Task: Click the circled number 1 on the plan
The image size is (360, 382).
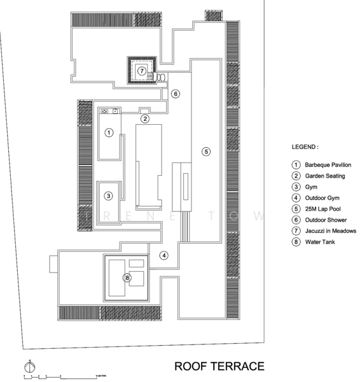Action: click(109, 132)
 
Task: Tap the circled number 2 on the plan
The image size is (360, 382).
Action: click(145, 118)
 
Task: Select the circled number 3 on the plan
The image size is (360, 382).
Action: click(109, 195)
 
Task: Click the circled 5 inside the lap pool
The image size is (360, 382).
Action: click(205, 151)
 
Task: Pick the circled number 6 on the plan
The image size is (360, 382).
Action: click(176, 94)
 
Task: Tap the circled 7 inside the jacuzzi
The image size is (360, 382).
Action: click(142, 71)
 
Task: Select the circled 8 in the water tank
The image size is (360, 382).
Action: click(127, 277)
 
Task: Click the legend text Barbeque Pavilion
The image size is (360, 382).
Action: click(328, 165)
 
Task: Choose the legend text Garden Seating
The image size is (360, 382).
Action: click(325, 176)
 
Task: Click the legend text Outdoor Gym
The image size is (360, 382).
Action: click(321, 197)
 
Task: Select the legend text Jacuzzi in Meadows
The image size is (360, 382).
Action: click(330, 230)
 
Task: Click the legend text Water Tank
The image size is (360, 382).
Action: click(320, 241)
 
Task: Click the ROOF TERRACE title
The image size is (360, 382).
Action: click(219, 367)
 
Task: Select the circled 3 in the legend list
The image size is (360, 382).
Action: click(295, 187)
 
